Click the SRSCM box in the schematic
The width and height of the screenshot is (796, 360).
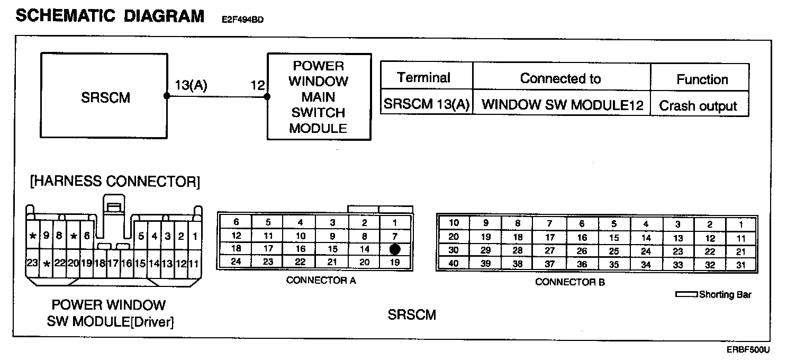tap(105, 97)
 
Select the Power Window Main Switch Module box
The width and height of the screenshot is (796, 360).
tap(319, 96)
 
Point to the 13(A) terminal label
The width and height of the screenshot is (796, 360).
tap(191, 85)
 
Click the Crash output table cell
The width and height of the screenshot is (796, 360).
tap(698, 106)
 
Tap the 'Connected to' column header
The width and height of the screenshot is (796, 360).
tap(560, 79)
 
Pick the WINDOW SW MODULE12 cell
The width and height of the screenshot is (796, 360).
tap(562, 105)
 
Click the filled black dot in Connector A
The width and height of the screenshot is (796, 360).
tap(394, 249)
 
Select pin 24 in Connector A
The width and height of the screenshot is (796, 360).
tap(236, 261)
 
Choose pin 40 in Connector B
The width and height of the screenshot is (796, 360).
tap(454, 264)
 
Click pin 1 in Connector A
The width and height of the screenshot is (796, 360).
tap(394, 223)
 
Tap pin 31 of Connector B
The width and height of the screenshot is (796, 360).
tap(741, 265)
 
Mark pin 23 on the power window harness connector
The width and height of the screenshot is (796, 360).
tap(32, 263)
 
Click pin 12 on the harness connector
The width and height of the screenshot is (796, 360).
tap(180, 263)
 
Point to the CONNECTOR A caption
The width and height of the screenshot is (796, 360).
tap(321, 281)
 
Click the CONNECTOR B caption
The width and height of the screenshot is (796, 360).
tap(569, 282)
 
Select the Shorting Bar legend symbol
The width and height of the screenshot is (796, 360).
tap(687, 294)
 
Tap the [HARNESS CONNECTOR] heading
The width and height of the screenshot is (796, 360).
tap(115, 182)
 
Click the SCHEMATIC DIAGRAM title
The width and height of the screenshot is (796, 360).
tap(110, 16)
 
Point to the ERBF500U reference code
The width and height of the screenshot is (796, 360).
tap(748, 350)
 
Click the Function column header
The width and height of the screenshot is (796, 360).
tap(702, 79)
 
